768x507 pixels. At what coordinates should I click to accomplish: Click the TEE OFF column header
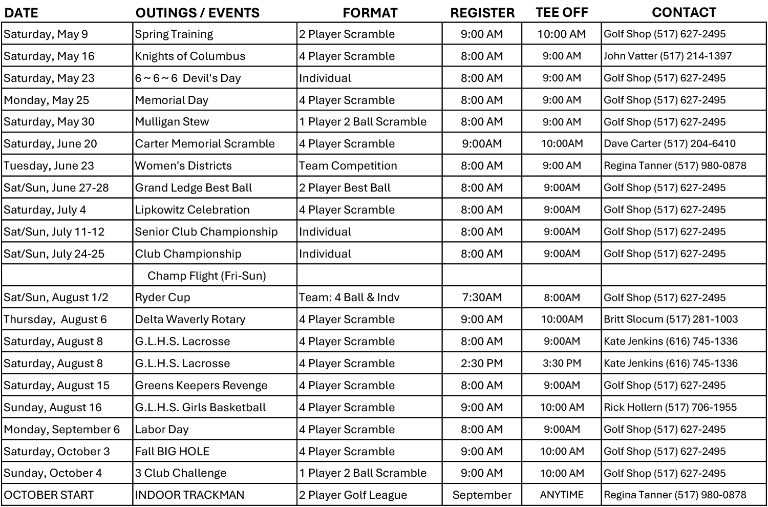(x=562, y=12)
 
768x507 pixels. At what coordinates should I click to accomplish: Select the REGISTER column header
(x=482, y=13)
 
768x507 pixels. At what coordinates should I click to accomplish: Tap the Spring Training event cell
(x=174, y=34)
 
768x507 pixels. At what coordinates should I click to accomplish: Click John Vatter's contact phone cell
(x=668, y=56)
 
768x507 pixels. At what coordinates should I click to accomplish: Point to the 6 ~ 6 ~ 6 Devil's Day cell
(x=188, y=78)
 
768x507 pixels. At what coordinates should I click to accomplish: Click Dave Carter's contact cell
(x=670, y=144)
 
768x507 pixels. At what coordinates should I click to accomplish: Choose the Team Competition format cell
(x=348, y=166)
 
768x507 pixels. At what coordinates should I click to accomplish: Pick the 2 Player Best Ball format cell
(x=345, y=188)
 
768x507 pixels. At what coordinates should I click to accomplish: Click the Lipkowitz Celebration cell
(x=193, y=210)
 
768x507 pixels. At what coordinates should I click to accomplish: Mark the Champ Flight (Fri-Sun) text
(x=207, y=276)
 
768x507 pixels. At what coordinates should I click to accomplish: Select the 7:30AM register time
(x=482, y=298)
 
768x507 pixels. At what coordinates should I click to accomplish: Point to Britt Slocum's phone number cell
(x=671, y=320)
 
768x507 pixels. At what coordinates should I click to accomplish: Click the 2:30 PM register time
(x=482, y=364)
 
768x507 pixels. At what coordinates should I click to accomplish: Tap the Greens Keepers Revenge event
(x=201, y=386)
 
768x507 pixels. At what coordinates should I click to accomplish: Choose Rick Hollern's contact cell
(x=670, y=408)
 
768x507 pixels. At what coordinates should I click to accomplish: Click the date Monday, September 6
(x=62, y=430)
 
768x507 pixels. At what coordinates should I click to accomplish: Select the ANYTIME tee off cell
(x=562, y=495)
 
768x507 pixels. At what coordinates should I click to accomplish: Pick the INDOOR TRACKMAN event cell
(x=190, y=495)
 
